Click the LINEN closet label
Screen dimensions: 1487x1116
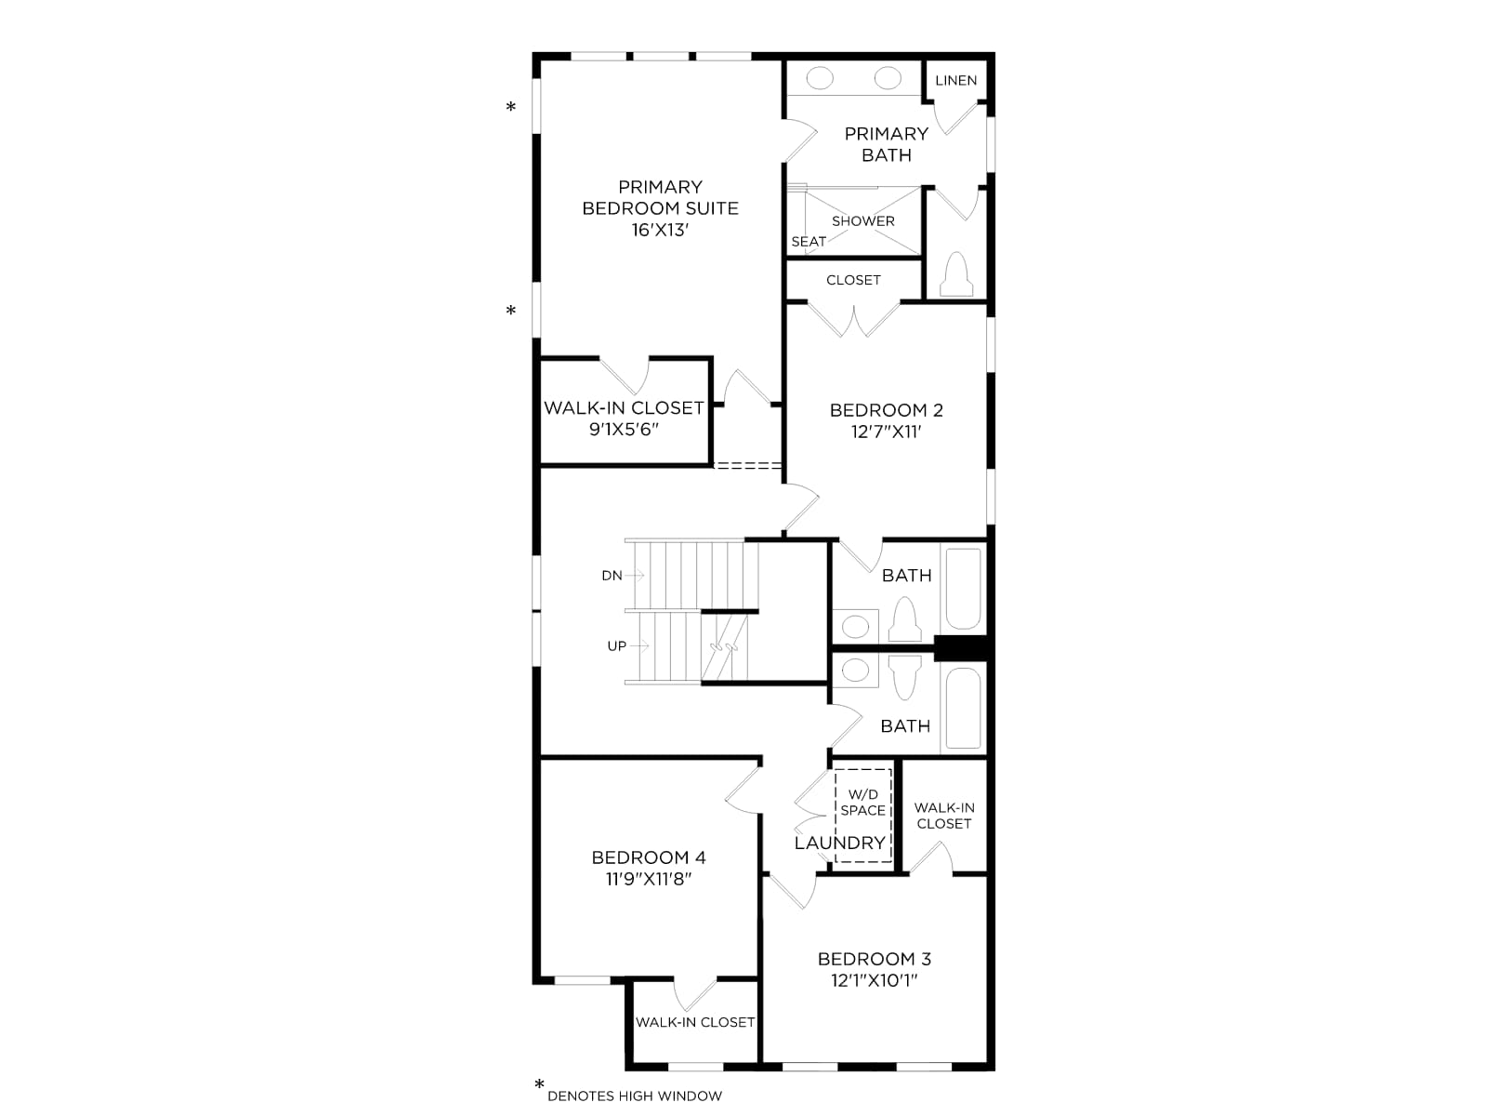click(x=956, y=81)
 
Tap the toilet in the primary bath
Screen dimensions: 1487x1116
click(x=956, y=274)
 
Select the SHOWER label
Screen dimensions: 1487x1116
click(x=863, y=221)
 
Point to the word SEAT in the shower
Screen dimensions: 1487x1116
click(x=809, y=241)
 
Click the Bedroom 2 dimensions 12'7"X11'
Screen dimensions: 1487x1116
click(x=886, y=432)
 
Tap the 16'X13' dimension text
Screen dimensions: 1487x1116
click(x=660, y=231)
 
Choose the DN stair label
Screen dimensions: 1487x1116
click(x=612, y=576)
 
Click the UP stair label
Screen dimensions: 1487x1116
click(x=616, y=645)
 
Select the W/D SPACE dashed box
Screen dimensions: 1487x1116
click(x=862, y=816)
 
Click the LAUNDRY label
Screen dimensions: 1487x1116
click(x=840, y=843)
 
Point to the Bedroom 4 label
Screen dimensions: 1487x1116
click(x=649, y=857)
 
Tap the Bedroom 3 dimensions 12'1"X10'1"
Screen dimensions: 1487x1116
click(x=874, y=980)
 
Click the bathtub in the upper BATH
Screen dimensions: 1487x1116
click(x=963, y=588)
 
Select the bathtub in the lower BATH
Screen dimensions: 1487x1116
click(x=963, y=708)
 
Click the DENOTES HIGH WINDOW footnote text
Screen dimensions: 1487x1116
click(x=635, y=1096)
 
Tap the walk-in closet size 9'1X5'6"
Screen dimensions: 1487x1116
click(x=624, y=430)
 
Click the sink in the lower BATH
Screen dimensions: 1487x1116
click(x=856, y=671)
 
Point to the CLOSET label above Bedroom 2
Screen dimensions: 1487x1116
click(x=853, y=280)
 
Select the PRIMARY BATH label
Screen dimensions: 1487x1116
click(x=886, y=144)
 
